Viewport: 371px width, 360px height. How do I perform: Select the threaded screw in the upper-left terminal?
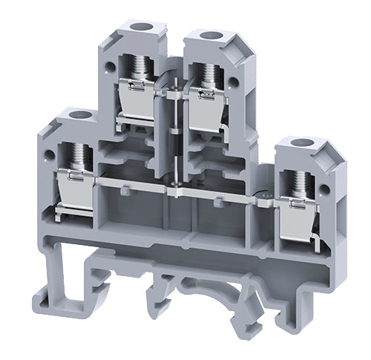[x=138, y=74]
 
